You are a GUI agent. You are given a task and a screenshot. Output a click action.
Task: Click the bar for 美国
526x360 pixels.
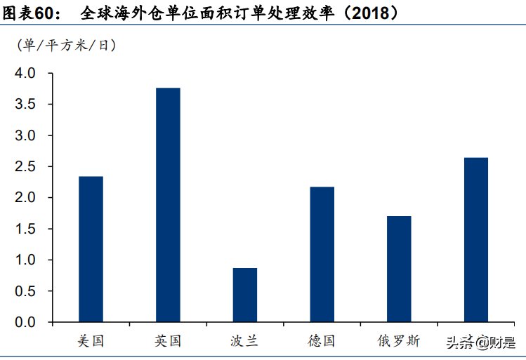click(x=91, y=249)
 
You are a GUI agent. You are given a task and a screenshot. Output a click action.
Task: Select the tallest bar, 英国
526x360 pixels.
click(x=168, y=205)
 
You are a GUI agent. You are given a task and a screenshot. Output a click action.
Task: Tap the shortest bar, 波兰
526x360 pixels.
click(x=245, y=295)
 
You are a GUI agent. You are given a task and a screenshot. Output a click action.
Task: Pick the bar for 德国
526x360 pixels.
click(x=322, y=254)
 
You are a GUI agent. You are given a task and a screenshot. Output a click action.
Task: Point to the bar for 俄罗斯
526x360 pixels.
click(x=399, y=269)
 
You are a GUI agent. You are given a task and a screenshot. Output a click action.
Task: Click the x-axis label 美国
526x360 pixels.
click(x=91, y=341)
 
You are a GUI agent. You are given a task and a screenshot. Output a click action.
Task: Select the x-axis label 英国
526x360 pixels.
click(x=168, y=341)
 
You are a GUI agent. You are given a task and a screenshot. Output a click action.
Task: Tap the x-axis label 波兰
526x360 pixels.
click(x=244, y=341)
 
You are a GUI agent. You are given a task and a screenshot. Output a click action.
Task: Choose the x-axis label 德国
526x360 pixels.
click(x=322, y=341)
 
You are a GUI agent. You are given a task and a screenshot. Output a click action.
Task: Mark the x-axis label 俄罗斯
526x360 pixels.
click(x=399, y=341)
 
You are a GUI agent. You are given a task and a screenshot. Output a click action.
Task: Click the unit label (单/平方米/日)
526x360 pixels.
click(x=67, y=46)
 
